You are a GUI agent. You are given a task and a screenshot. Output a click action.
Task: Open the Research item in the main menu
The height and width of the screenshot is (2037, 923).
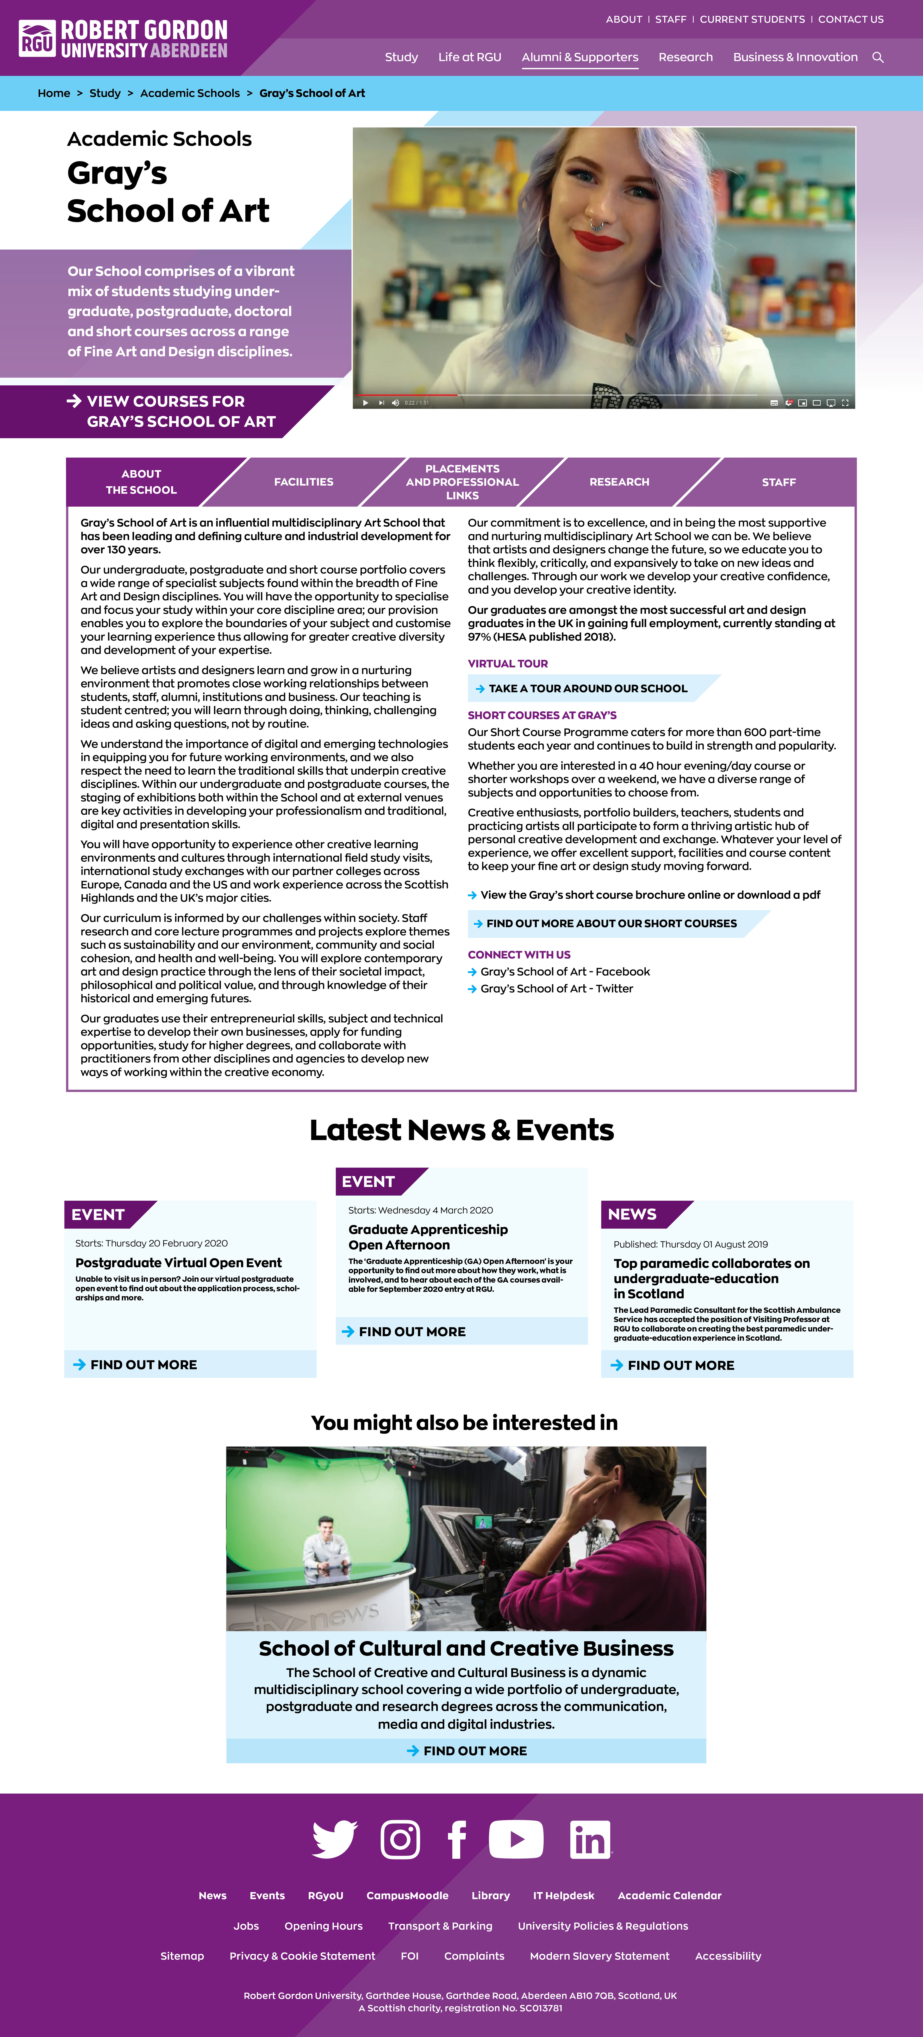[x=685, y=57]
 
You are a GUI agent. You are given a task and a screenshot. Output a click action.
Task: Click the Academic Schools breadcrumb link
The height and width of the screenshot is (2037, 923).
[x=190, y=93]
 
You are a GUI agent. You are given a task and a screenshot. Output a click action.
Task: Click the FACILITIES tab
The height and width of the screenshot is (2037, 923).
[x=304, y=481]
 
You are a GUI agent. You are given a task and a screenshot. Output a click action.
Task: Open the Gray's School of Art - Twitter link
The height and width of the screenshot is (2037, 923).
[x=557, y=988]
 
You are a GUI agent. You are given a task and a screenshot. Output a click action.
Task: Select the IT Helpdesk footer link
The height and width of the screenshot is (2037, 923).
[x=563, y=1895]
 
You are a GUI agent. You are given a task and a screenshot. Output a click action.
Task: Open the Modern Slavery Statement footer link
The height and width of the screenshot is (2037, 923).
[x=599, y=1956]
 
